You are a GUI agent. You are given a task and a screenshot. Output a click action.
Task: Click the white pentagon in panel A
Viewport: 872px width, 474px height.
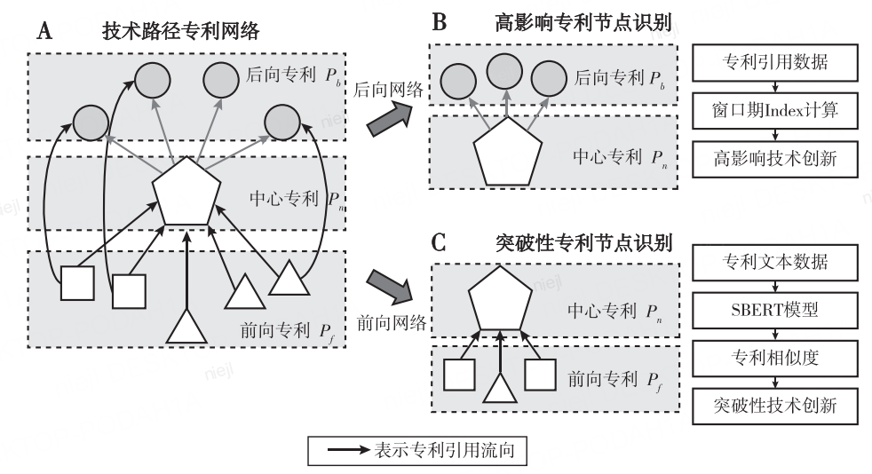tap(186, 193)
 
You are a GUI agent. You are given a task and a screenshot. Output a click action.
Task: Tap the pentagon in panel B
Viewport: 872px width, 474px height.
tap(507, 153)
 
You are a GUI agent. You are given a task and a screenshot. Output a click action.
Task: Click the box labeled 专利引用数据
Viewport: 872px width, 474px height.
tap(774, 61)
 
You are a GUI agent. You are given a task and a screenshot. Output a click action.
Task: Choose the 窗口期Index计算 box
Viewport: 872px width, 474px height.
tap(774, 110)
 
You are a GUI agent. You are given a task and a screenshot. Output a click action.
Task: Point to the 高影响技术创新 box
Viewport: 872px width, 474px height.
tap(774, 159)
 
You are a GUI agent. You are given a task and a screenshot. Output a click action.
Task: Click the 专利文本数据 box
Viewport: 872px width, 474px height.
tap(774, 262)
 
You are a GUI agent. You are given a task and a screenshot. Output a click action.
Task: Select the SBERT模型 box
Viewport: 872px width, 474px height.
tap(774, 310)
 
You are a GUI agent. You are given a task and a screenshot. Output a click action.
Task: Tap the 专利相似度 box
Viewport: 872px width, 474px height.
tap(774, 358)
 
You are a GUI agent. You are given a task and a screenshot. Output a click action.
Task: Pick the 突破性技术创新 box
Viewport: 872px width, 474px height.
tap(774, 407)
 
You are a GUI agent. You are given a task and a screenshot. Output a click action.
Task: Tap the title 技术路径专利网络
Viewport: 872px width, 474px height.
tap(181, 31)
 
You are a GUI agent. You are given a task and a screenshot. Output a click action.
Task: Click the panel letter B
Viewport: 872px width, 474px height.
tap(440, 22)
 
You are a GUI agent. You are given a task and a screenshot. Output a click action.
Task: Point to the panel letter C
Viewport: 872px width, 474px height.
tap(439, 243)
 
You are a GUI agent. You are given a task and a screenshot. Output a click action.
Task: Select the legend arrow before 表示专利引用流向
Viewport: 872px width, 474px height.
tap(349, 449)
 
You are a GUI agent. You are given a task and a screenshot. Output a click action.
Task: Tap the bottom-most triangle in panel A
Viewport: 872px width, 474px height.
tap(186, 328)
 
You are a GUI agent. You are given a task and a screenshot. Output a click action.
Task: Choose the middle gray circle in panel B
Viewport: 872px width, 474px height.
tap(504, 71)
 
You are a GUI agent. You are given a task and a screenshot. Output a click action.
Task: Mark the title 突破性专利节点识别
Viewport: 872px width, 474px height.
tap(583, 243)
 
